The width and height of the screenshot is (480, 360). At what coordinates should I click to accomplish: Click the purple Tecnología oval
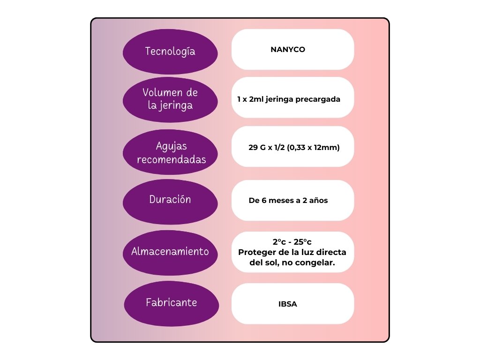click(x=170, y=52)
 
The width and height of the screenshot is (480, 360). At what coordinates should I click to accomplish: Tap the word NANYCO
click(x=288, y=49)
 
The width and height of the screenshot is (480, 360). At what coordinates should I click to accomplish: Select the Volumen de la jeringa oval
click(x=170, y=99)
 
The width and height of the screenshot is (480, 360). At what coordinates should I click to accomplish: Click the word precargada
click(x=318, y=99)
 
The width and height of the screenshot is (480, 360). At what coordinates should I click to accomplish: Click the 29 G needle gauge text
click(x=257, y=147)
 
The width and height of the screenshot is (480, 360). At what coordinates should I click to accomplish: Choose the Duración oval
click(x=170, y=200)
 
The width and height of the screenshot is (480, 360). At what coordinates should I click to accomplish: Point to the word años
click(x=319, y=201)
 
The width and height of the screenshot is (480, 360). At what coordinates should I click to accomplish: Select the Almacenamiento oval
click(x=170, y=252)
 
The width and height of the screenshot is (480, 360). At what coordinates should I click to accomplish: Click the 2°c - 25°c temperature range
click(x=292, y=242)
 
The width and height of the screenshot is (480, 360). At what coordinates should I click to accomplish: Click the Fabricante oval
click(x=171, y=303)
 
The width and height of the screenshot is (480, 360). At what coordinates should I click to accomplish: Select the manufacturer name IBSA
click(x=288, y=304)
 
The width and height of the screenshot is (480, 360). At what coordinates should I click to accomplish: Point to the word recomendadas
click(x=171, y=160)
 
